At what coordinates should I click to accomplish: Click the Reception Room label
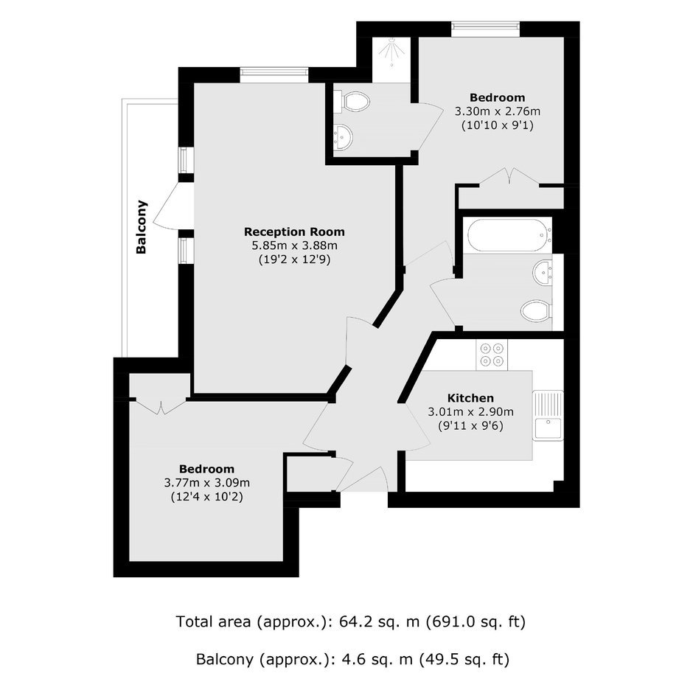pyautogui.click(x=294, y=231)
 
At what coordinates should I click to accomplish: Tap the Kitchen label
pyautogui.click(x=470, y=398)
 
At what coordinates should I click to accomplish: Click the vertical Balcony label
pyautogui.click(x=142, y=227)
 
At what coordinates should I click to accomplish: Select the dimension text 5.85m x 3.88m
pyautogui.click(x=294, y=245)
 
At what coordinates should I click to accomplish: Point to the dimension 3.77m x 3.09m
pyautogui.click(x=207, y=483)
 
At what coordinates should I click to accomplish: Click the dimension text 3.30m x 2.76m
pyautogui.click(x=498, y=111)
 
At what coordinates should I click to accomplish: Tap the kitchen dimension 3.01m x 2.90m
pyautogui.click(x=470, y=412)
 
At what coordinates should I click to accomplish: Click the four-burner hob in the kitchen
pyautogui.click(x=492, y=355)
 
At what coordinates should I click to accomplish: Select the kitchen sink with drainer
pyautogui.click(x=548, y=416)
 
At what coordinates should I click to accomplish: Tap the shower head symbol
pyautogui.click(x=391, y=52)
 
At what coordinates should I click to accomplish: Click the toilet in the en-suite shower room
pyautogui.click(x=352, y=102)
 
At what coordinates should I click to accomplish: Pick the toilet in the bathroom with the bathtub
pyautogui.click(x=535, y=310)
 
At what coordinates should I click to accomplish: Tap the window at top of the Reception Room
pyautogui.click(x=274, y=74)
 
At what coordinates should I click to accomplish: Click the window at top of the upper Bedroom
pyautogui.click(x=485, y=29)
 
